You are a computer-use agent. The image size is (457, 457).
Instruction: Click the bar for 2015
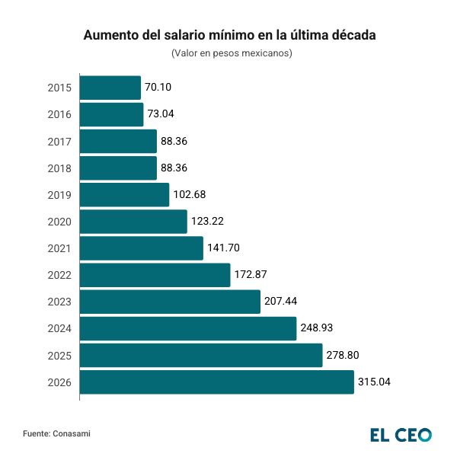110,88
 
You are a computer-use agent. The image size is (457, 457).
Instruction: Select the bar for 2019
124,195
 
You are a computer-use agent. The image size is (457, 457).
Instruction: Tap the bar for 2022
155,275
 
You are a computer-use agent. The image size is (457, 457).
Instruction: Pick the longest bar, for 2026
216,382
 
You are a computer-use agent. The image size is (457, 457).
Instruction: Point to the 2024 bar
187,329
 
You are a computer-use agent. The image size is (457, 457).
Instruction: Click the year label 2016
59,114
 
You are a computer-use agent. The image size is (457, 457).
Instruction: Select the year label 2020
59,222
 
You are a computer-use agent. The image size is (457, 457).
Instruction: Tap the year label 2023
59,302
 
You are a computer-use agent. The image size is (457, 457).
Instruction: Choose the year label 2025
59,356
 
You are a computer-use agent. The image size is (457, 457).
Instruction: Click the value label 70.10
158,88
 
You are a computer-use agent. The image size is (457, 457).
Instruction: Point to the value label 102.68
190,195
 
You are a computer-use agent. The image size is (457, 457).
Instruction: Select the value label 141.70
224,248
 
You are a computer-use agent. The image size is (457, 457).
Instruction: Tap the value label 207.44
281,302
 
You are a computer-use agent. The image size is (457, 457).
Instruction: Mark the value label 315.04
375,382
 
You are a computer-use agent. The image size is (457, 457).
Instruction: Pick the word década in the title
351,36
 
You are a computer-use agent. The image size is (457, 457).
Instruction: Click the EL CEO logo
401,435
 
